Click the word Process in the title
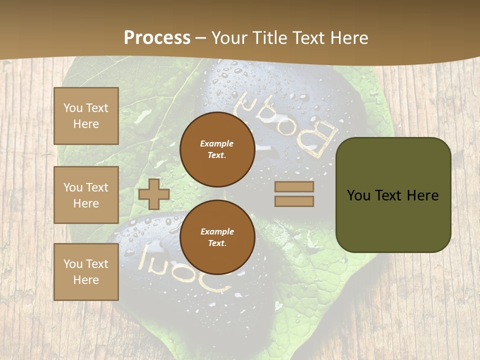[x=157, y=38]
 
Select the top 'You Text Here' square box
[x=86, y=116]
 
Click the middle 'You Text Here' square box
[x=86, y=195]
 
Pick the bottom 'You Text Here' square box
[x=86, y=272]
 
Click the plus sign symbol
[x=154, y=194]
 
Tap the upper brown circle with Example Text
[x=217, y=149]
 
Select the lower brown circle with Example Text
[x=217, y=237]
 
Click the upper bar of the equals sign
[x=294, y=186]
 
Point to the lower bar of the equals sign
[x=294, y=201]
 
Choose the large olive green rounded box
[x=393, y=194]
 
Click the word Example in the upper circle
[x=217, y=143]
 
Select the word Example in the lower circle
[x=217, y=231]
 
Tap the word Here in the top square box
[x=86, y=124]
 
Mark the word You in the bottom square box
[x=72, y=264]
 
